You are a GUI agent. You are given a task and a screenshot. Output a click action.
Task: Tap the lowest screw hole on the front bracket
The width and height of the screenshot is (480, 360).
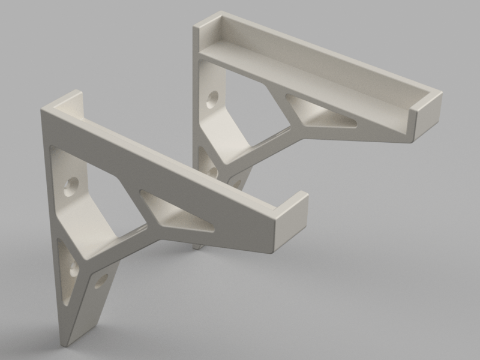pos(101,280)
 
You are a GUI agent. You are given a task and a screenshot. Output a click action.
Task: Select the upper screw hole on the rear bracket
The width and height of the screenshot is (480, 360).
pos(212,97)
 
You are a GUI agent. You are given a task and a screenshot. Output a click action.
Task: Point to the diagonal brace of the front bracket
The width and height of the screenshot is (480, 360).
pos(117,246)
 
